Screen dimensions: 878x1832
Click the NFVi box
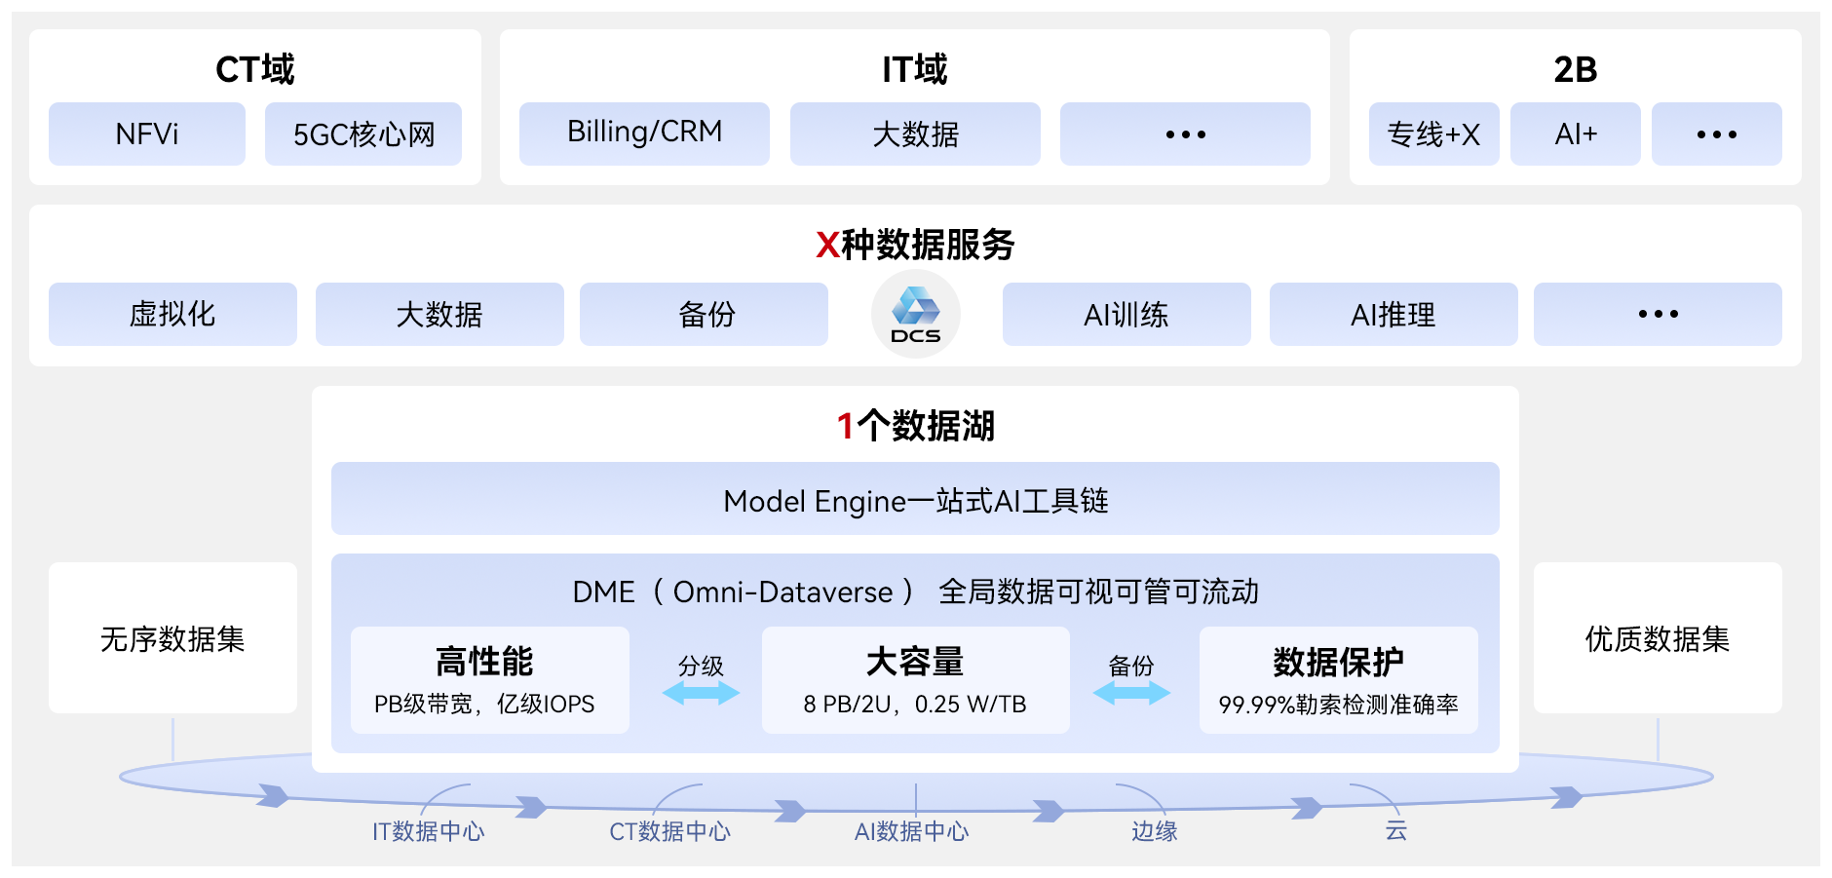147,134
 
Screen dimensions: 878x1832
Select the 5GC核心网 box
363,134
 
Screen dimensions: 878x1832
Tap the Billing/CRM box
644,134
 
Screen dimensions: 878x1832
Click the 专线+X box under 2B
1433,134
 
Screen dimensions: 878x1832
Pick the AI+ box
1575,134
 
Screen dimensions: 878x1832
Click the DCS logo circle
915,315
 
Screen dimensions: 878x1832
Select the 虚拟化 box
172,314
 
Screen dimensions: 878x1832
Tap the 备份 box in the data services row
704,314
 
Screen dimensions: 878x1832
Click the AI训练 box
1126,314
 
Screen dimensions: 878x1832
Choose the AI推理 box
1393,314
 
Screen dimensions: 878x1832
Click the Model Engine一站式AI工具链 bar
915,499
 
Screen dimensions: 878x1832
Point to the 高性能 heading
484,662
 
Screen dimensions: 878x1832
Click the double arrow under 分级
701,693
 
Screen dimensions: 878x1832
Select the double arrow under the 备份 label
1131,693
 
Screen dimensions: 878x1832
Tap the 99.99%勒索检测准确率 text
1338,705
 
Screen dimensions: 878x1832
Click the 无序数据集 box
172,638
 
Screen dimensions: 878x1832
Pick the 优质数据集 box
1658,638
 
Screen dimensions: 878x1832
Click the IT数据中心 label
428,831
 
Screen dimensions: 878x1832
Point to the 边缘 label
1155,831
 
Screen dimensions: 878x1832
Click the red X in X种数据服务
827,245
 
